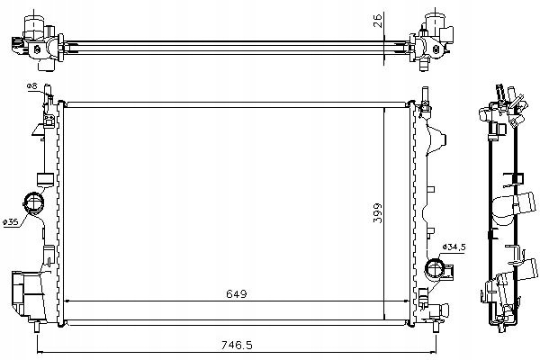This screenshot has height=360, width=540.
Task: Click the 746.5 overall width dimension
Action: click(237, 345)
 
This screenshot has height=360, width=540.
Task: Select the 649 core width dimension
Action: click(237, 294)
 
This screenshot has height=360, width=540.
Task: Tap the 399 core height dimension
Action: click(378, 213)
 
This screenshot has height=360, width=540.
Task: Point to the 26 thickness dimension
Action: click(378, 21)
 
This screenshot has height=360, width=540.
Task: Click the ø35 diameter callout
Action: click(10, 222)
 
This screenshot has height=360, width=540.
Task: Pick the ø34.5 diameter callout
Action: click(454, 247)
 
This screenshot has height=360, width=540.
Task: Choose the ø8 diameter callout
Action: click(31, 86)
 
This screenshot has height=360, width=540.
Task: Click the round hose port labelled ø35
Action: click(33, 202)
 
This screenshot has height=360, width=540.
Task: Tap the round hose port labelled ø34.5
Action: click(436, 270)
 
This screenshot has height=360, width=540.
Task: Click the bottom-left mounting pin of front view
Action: click(37, 327)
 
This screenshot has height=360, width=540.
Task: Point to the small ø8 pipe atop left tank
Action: click(48, 93)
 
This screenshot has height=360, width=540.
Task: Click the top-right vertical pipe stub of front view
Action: click(425, 94)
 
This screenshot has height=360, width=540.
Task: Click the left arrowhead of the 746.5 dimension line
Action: click(39, 352)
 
